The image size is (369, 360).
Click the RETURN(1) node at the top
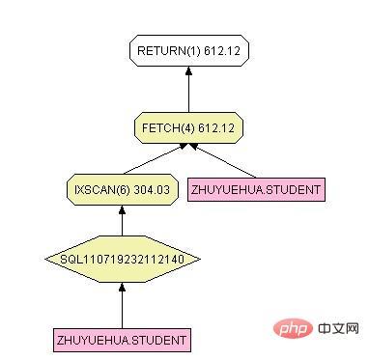[x=188, y=49]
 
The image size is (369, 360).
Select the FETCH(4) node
[x=188, y=125]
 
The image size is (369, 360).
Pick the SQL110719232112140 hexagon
[x=122, y=259]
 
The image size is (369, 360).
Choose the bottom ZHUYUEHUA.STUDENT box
[x=122, y=340]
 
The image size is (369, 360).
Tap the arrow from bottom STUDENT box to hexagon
[x=122, y=304]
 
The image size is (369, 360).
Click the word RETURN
[x=160, y=49]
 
